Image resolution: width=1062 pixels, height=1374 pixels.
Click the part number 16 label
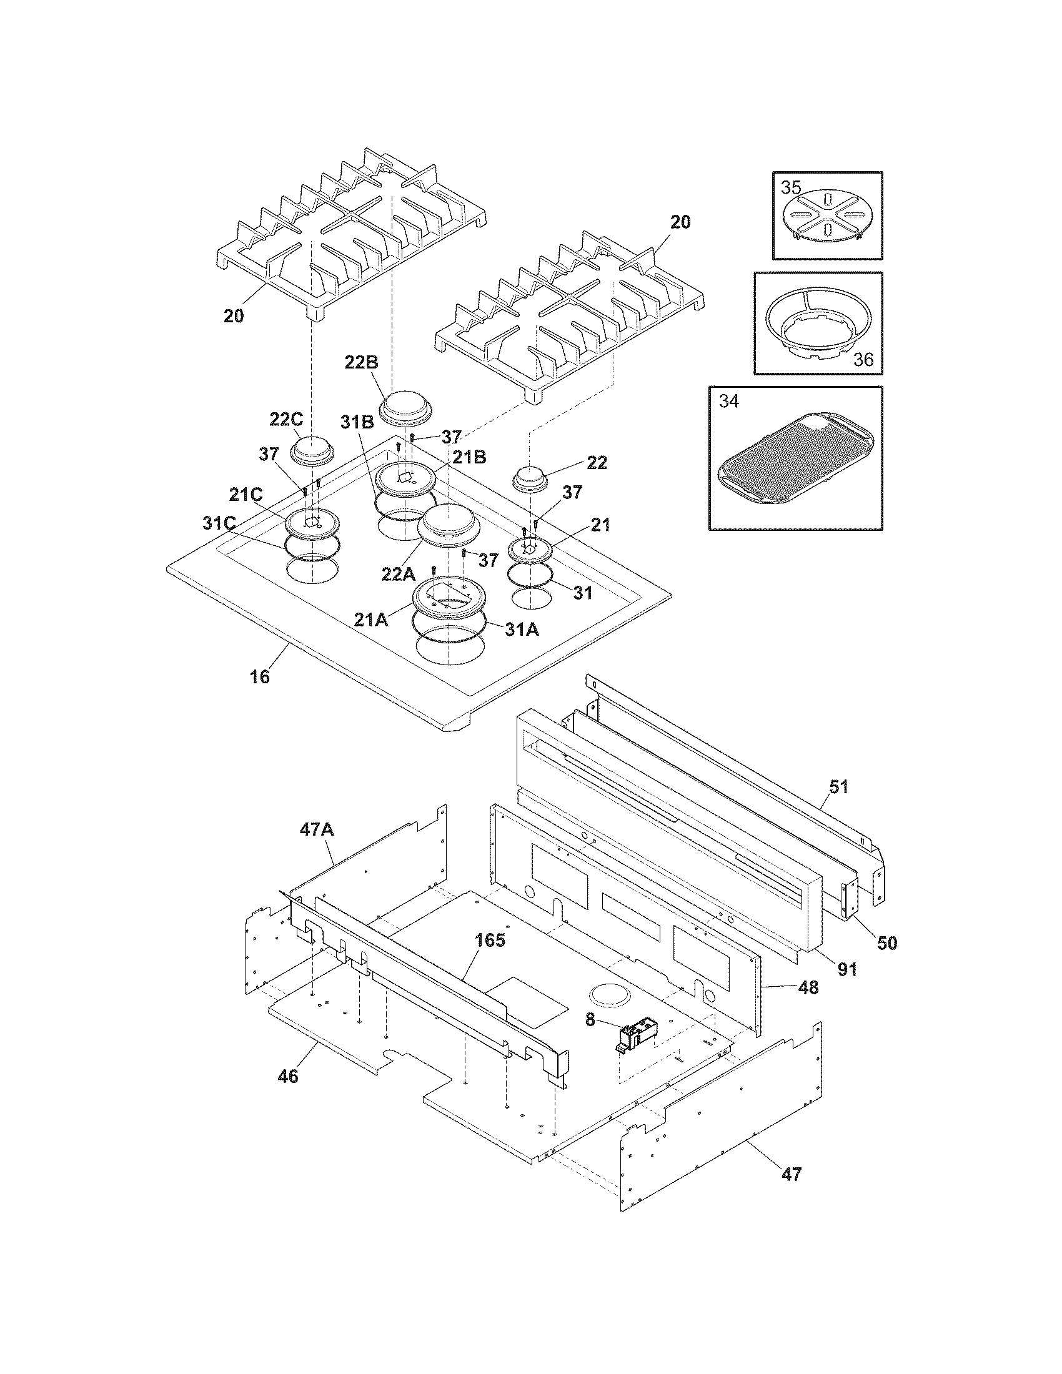click(x=260, y=677)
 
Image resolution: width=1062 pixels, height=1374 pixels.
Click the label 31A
click(x=522, y=629)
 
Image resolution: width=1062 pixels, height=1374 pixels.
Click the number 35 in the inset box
click(x=792, y=187)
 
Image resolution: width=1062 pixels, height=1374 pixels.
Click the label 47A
click(x=317, y=831)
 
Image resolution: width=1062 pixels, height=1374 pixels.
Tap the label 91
click(x=848, y=969)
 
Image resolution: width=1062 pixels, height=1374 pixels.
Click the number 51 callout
click(x=838, y=786)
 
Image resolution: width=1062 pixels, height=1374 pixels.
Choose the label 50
click(x=887, y=943)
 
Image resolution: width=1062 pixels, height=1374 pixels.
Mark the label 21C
click(x=246, y=495)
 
